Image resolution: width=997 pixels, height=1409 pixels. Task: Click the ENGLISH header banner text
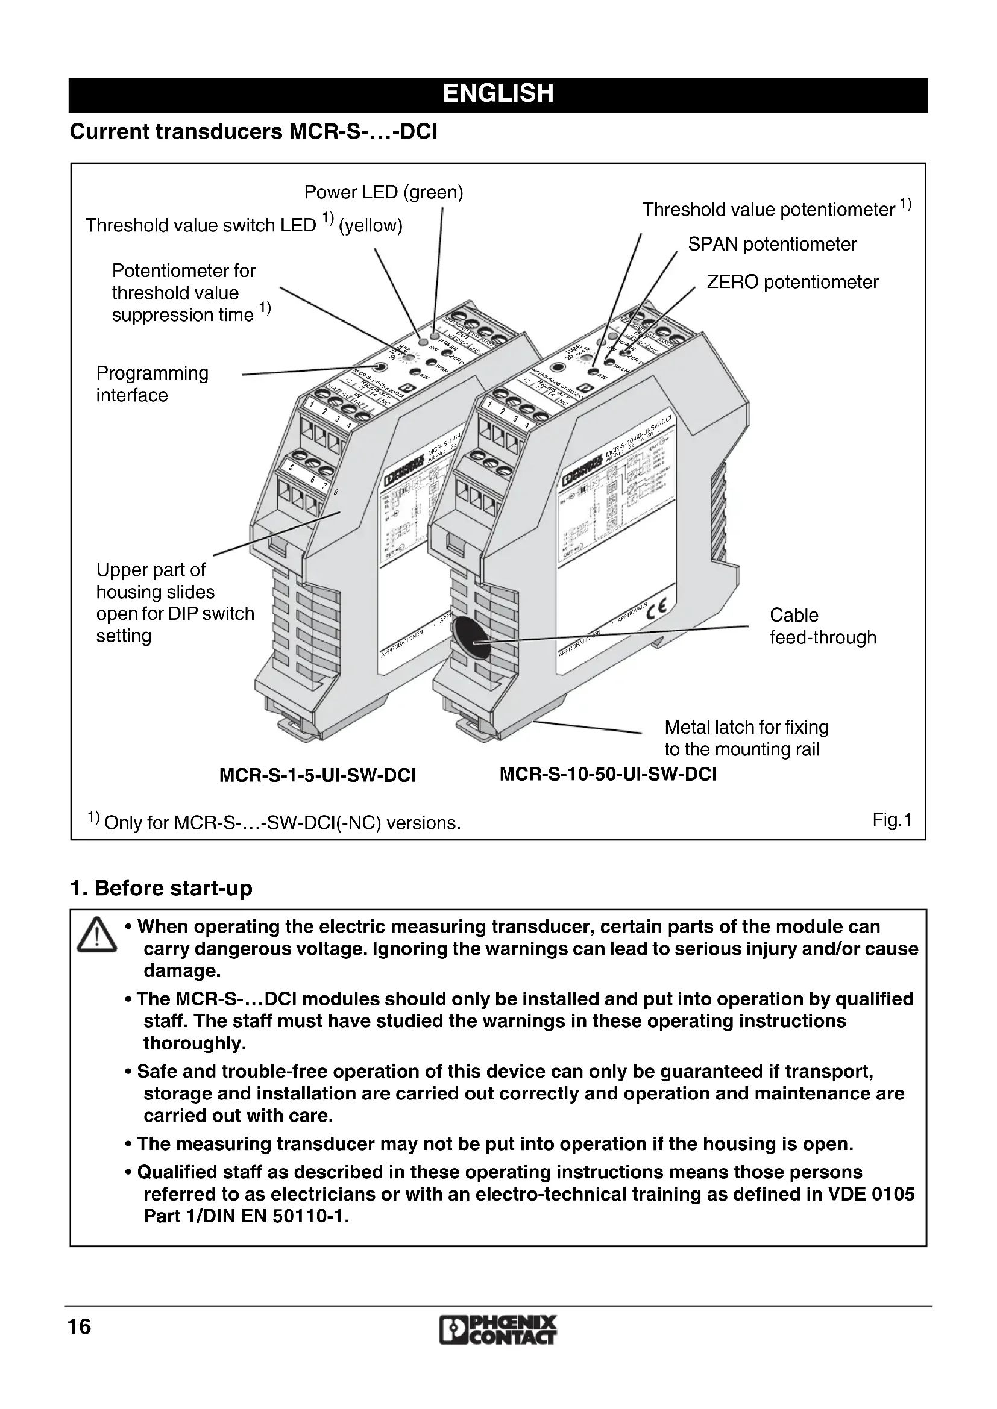[498, 94]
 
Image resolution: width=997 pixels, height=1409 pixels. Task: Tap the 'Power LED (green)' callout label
[384, 193]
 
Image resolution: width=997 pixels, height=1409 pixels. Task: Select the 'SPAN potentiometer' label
[772, 244]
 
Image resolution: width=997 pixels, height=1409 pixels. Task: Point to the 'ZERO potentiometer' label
[792, 283]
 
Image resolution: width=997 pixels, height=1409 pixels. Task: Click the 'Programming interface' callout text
[153, 384]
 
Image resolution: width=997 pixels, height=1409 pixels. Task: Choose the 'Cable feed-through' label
[823, 626]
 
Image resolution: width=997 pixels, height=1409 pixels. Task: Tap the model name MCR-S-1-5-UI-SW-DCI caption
[318, 776]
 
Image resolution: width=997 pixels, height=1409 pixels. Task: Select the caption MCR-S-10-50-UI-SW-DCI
[608, 774]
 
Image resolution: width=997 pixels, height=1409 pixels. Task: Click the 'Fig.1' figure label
[892, 820]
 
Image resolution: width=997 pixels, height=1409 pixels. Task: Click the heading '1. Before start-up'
[161, 888]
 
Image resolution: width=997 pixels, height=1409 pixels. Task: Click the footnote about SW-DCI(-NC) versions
[274, 822]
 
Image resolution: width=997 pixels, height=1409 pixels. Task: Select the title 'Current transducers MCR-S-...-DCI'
[254, 132]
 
